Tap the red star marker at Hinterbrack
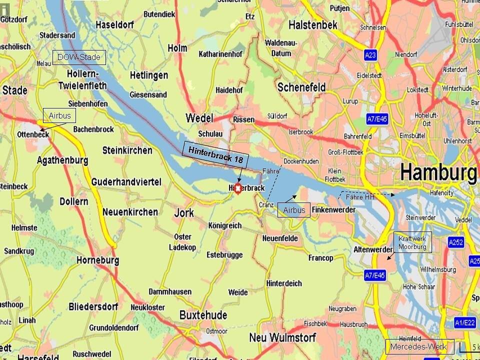pyautogui.click(x=238, y=188)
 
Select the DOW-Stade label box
pyautogui.click(x=79, y=57)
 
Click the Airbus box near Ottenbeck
pyautogui.click(x=59, y=116)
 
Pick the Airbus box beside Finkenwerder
pyautogui.click(x=294, y=210)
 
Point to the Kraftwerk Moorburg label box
pyautogui.click(x=412, y=243)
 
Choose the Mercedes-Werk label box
pyautogui.click(x=419, y=346)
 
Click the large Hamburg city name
pyautogui.click(x=438, y=173)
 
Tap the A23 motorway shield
pyautogui.click(x=370, y=55)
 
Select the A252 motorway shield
pyautogui.click(x=455, y=242)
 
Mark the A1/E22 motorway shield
pyautogui.click(x=464, y=323)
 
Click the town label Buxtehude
pyautogui.click(x=203, y=315)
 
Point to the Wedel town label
pyautogui.click(x=199, y=118)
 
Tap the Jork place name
pyautogui.click(x=184, y=213)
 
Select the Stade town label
pyautogui.click(x=15, y=90)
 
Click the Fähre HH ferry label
pyautogui.click(x=360, y=197)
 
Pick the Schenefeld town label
pyautogui.click(x=301, y=87)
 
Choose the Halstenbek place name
pyautogui.click(x=313, y=24)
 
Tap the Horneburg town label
pyautogui.click(x=97, y=260)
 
